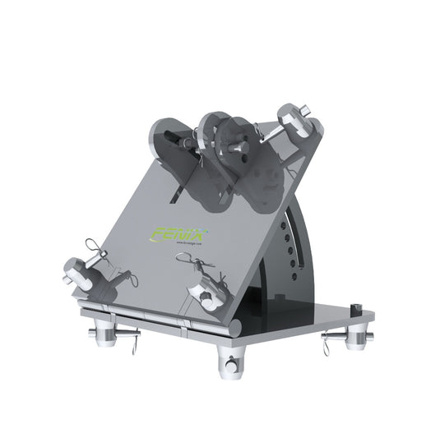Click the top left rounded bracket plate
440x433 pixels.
pyautogui.click(x=168, y=140)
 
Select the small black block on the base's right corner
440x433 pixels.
pyautogui.click(x=357, y=308)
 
